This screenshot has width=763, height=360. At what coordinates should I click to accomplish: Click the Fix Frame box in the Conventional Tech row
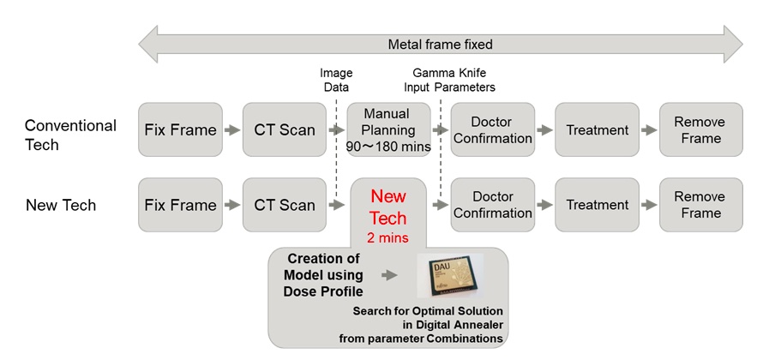tap(179, 129)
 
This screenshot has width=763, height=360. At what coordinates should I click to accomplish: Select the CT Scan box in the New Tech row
tap(284, 205)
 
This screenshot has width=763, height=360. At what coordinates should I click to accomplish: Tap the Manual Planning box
tap(388, 129)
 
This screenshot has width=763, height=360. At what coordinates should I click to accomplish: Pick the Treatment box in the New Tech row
tap(597, 205)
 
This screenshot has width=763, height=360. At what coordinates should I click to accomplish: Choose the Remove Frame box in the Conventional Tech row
tap(699, 129)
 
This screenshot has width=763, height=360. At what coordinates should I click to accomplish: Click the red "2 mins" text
tap(388, 237)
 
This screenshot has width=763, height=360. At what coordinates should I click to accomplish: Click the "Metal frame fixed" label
tap(441, 44)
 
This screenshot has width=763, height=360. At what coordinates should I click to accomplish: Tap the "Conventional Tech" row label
tap(70, 135)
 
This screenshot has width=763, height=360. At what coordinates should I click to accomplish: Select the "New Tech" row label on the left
tap(61, 206)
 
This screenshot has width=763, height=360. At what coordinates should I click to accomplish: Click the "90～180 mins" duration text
tap(388, 147)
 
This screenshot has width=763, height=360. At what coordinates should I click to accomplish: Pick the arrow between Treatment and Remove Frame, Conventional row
tap(648, 130)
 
